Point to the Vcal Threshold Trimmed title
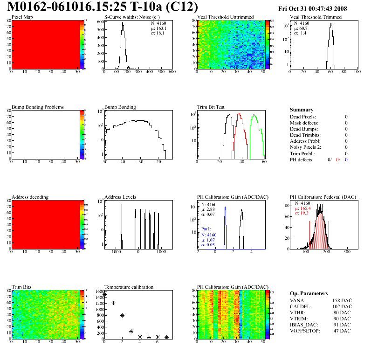[x=316, y=17]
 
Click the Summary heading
[x=302, y=110]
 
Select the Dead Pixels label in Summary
[x=303, y=117]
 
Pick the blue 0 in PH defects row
[x=346, y=159]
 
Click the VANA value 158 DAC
[x=341, y=300]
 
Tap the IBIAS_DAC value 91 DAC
[x=342, y=325]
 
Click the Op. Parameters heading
[x=309, y=293]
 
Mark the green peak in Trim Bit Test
[x=254, y=117]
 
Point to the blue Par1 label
[x=206, y=229]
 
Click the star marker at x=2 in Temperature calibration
[x=122, y=316]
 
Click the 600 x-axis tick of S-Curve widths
[x=172, y=72]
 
